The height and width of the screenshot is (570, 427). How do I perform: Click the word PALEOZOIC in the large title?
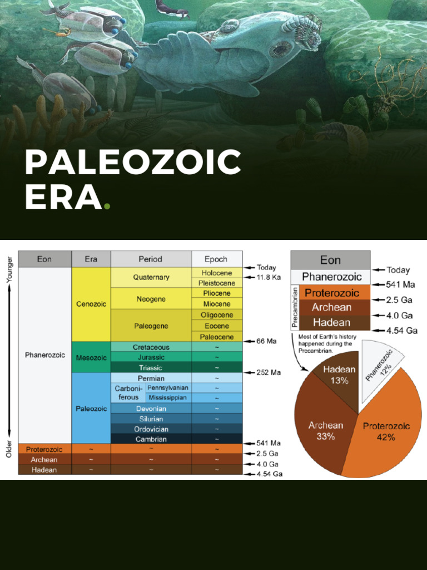click(132, 163)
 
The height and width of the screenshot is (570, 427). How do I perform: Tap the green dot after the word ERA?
click(107, 206)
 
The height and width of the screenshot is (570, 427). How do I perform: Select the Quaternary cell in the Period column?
click(151, 277)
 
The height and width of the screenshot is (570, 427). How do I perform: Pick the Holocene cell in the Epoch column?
click(217, 273)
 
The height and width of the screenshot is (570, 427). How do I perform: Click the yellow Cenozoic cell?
click(91, 304)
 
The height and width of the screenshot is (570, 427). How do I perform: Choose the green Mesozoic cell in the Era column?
click(91, 358)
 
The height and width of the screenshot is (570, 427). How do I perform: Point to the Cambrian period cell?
click(151, 439)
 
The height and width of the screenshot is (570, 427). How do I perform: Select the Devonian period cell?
click(151, 409)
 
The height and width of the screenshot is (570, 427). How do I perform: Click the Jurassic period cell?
click(151, 357)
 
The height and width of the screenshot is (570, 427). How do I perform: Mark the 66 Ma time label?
click(266, 341)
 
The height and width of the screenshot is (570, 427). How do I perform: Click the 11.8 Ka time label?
click(268, 277)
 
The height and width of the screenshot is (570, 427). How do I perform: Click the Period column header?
click(151, 259)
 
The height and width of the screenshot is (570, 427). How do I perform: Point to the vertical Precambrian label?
click(295, 308)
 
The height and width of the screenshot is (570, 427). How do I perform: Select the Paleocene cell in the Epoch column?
click(217, 337)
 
